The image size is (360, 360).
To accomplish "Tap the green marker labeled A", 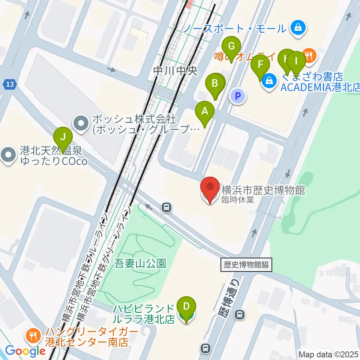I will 205,112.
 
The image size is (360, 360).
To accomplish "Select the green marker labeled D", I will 186,307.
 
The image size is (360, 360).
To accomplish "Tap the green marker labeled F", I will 260,65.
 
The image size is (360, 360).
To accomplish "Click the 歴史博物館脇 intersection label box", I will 246,265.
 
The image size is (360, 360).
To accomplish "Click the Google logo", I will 25,351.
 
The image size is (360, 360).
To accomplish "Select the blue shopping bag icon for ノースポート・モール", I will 298,27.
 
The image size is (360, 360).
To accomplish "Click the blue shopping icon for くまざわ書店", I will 269,79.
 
